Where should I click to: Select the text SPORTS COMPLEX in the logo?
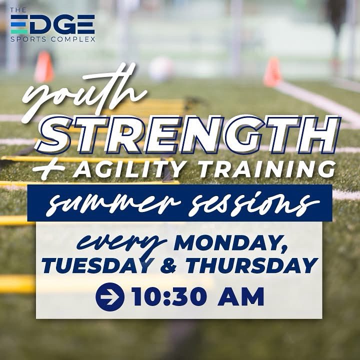coord(52,38)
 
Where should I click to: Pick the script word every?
coord(123,243)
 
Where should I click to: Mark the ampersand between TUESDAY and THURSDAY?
coord(169,266)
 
